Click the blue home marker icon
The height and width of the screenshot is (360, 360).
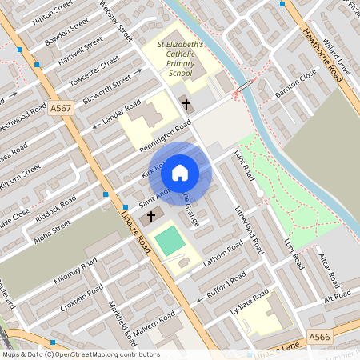[180, 173]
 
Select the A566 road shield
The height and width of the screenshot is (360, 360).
[318, 338]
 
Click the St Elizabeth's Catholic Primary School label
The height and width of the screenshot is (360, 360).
[180, 59]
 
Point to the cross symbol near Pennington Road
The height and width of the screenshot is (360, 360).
[186, 105]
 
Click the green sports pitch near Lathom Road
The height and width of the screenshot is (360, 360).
[169, 241]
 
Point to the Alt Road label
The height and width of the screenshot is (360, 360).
[338, 296]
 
